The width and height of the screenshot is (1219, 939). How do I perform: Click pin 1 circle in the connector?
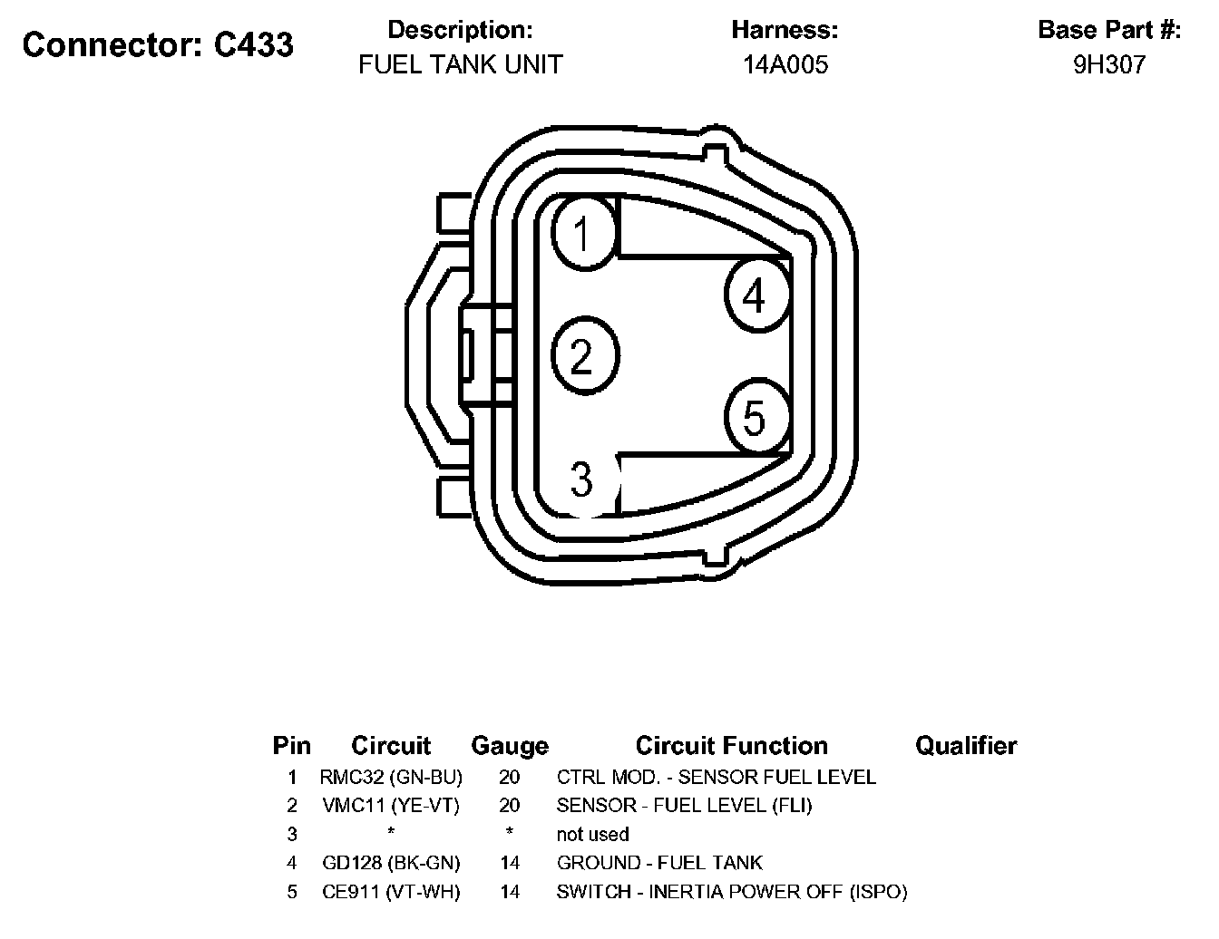pyautogui.click(x=582, y=233)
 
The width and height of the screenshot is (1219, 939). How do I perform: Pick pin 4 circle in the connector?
pyautogui.click(x=756, y=295)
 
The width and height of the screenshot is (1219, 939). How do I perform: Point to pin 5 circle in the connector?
pyautogui.click(x=756, y=418)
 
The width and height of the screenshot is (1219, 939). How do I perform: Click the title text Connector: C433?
pyautogui.click(x=158, y=44)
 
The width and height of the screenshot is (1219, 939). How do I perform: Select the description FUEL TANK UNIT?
pyautogui.click(x=461, y=64)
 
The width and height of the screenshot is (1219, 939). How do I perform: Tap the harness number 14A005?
pyautogui.click(x=785, y=64)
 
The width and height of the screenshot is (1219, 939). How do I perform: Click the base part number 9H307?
pyautogui.click(x=1109, y=64)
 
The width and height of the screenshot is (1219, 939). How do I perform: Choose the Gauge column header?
pyautogui.click(x=510, y=746)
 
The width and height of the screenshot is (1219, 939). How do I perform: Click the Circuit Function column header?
pyautogui.click(x=731, y=746)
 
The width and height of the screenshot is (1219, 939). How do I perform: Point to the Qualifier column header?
pyautogui.click(x=965, y=746)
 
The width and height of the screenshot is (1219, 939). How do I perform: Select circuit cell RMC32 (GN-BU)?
pyautogui.click(x=391, y=777)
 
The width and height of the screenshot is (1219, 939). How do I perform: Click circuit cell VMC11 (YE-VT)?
pyautogui.click(x=391, y=805)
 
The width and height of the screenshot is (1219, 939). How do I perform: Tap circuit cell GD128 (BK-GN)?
pyautogui.click(x=391, y=863)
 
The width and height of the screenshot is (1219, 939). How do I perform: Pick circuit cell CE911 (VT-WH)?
pyautogui.click(x=391, y=892)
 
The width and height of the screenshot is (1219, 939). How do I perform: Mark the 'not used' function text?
pyautogui.click(x=592, y=834)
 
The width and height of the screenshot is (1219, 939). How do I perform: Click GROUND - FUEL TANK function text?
pyautogui.click(x=659, y=863)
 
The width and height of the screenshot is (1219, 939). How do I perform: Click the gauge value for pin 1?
pyautogui.click(x=510, y=777)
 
